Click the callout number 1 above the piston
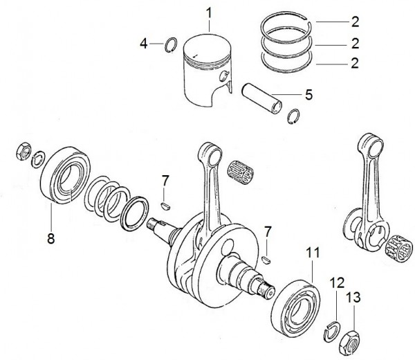[209, 14]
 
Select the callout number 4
[143, 44]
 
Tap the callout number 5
[308, 95]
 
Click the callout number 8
[50, 238]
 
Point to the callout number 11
[313, 253]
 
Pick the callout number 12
[337, 283]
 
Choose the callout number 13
[354, 298]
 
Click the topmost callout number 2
[356, 21]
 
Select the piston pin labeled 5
[261, 98]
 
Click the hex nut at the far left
[24, 151]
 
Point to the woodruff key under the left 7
[166, 206]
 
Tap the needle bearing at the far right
[398, 248]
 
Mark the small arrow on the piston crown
[195, 56]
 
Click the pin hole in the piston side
[223, 76]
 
